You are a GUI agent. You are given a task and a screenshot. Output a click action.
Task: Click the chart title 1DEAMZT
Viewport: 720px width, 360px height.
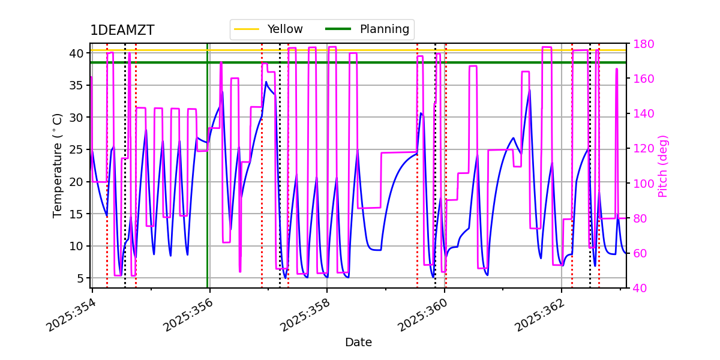coord(122,31)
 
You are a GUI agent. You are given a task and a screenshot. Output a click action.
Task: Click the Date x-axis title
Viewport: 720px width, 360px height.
coord(358,343)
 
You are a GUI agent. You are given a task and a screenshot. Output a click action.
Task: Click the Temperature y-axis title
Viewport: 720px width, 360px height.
coord(58,166)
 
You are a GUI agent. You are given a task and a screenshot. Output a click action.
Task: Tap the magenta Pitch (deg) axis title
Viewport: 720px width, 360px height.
coord(663,166)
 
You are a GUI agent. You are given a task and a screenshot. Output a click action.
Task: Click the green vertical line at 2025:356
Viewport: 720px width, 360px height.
coord(208,180)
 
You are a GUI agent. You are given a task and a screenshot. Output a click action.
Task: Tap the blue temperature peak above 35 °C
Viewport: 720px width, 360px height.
coord(266,82)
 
